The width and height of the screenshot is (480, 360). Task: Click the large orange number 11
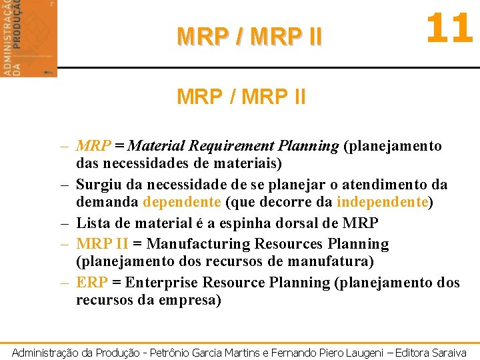pos(449,30)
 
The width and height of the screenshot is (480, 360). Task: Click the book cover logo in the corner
pos(29,38)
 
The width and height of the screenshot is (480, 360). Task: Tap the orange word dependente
pos(181,203)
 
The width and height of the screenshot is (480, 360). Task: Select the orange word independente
pos(382,203)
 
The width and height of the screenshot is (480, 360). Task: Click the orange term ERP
pos(91,283)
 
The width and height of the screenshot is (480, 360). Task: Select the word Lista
pos(94,223)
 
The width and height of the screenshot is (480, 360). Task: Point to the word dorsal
pos(296,223)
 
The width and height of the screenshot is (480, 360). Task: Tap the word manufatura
pos(335,261)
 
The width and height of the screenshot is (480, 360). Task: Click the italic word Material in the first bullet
pos(157,145)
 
